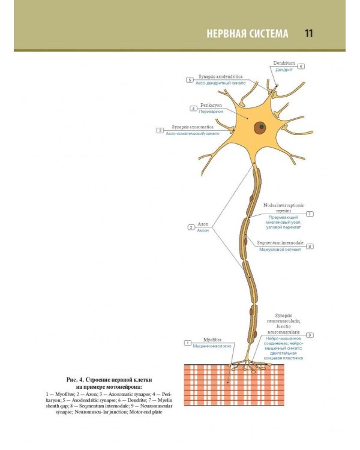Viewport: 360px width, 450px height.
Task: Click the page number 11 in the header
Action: (308, 33)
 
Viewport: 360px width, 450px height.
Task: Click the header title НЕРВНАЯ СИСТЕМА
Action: (247, 33)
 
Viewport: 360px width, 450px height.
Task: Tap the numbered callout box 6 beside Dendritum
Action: (301, 67)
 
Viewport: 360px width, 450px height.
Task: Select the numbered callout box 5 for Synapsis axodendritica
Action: (190, 79)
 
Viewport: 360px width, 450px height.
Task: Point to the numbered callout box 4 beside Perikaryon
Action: (194, 109)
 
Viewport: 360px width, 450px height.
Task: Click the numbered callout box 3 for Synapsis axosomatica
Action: (160, 130)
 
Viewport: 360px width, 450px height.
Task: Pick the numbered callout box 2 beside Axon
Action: (191, 227)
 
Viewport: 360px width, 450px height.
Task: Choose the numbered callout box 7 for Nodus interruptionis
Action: (310, 214)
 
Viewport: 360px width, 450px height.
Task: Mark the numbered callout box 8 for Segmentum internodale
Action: (310, 247)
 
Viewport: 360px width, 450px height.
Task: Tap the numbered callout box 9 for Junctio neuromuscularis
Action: (310, 335)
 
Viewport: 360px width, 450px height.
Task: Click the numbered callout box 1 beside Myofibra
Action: (188, 343)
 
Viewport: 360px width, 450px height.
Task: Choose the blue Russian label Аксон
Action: (203, 230)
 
